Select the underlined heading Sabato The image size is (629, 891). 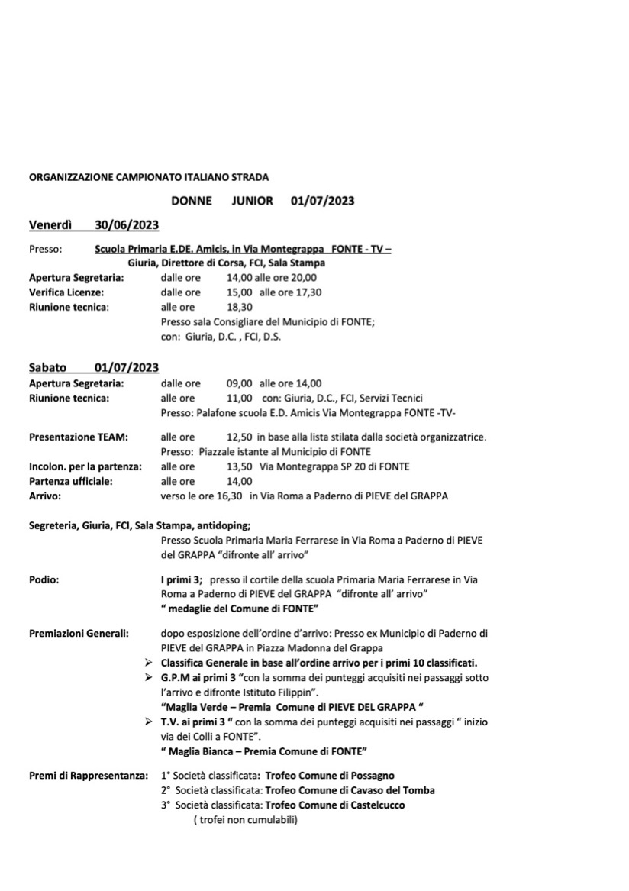pos(47,368)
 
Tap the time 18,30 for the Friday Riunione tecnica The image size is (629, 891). pos(240,307)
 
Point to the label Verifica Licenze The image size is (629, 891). pos(66,292)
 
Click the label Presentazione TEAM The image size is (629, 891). pos(78,437)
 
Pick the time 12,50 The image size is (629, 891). pos(240,437)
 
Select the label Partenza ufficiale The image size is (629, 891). pos(70,481)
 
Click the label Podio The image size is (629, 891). pos(44,579)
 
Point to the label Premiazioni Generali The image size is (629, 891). pos(79,633)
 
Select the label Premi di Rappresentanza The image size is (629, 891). pos(88,776)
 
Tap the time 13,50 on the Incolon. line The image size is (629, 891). pos(240,466)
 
